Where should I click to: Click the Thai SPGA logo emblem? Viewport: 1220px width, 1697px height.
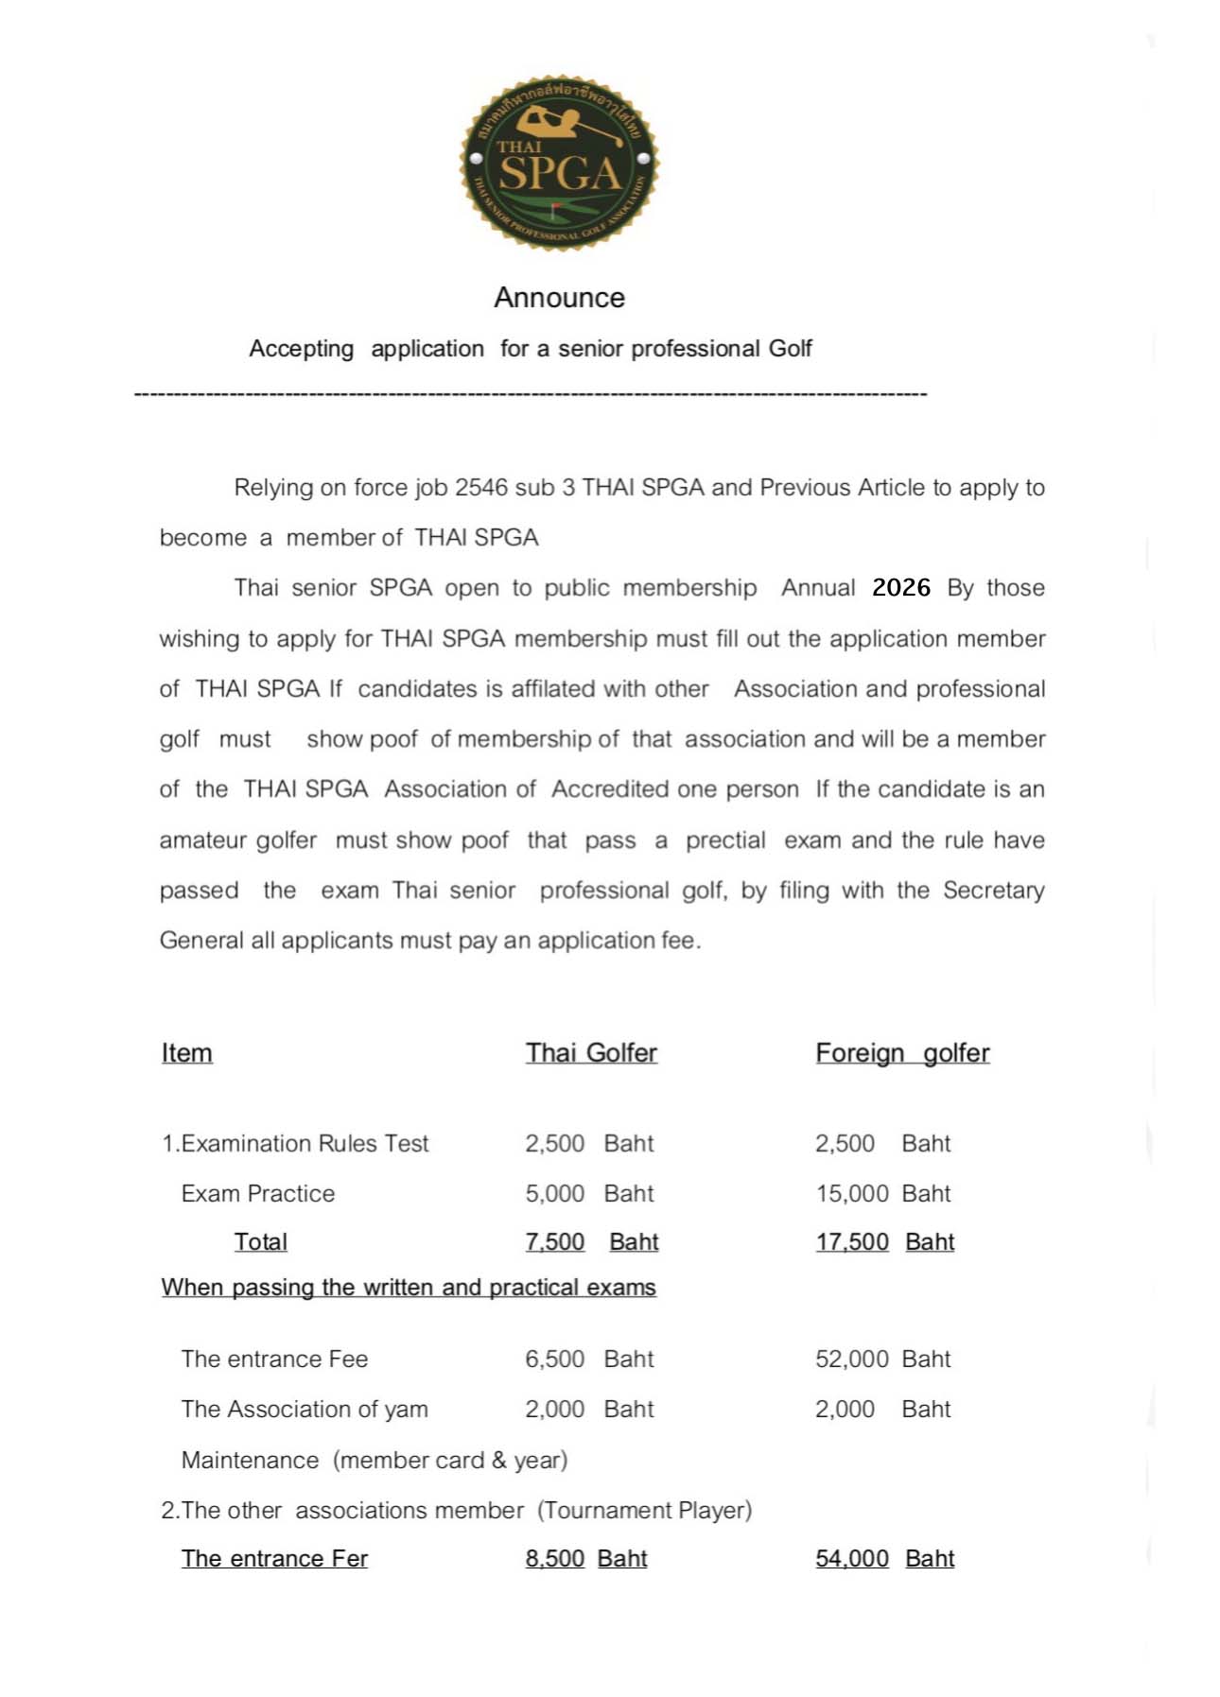click(x=559, y=163)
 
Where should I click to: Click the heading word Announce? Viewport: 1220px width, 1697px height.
click(x=559, y=298)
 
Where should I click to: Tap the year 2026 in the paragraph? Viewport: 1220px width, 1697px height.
click(x=900, y=587)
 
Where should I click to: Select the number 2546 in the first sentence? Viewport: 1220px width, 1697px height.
click(x=481, y=488)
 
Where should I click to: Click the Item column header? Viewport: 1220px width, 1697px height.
click(x=186, y=1053)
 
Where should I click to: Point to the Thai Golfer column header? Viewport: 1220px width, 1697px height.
click(x=591, y=1053)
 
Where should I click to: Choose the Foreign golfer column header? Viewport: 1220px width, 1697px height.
click(x=902, y=1053)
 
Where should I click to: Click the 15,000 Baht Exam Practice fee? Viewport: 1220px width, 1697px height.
click(x=882, y=1193)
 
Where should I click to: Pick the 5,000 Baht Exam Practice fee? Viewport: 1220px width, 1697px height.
click(x=589, y=1193)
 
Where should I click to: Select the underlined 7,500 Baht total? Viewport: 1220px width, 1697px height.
click(x=591, y=1242)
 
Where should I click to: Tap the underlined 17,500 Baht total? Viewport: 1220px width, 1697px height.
click(x=884, y=1242)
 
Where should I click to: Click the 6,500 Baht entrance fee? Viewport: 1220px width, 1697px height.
click(x=589, y=1359)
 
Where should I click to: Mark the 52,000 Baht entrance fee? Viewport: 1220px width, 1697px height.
click(x=882, y=1359)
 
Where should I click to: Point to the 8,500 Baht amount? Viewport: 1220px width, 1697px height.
click(x=585, y=1558)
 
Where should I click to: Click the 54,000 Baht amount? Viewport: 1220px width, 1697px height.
click(x=884, y=1558)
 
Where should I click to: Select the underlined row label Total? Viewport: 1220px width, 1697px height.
click(x=260, y=1242)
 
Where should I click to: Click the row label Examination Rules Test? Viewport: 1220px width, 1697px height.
click(x=295, y=1144)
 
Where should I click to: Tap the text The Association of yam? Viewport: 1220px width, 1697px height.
click(x=305, y=1410)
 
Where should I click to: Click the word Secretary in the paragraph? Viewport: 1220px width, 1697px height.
click(x=993, y=891)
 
